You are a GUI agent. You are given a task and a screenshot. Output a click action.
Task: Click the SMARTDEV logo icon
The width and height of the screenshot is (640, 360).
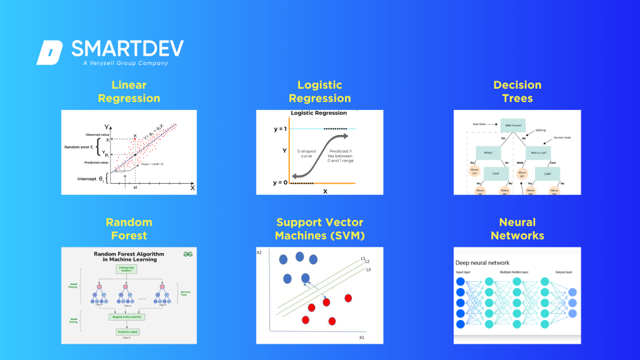pos(49,52)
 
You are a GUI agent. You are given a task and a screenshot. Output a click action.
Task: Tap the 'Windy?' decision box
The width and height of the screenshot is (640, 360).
pos(488,152)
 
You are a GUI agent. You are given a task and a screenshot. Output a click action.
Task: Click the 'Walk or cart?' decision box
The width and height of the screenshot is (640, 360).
pos(539,152)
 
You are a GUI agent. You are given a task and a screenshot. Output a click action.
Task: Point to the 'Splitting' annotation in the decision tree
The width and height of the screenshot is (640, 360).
pos(540,130)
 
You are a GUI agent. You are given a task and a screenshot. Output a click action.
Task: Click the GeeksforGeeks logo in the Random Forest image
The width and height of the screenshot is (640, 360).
pos(186,253)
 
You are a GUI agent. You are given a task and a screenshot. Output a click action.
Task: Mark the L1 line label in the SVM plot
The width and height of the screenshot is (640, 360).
pos(362,257)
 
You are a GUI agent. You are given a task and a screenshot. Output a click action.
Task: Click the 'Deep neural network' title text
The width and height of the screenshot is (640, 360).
pos(482,262)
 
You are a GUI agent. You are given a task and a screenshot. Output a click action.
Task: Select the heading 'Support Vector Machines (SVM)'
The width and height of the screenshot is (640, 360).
pos(320,229)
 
